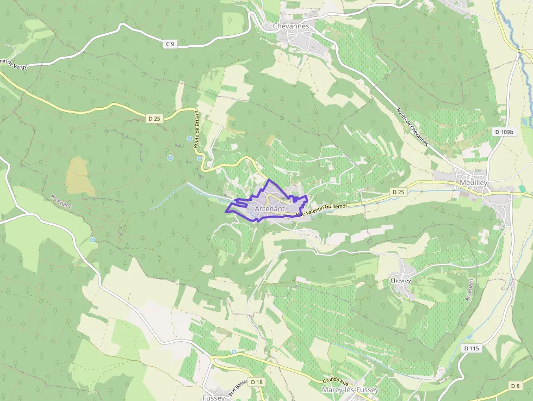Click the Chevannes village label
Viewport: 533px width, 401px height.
(291, 26)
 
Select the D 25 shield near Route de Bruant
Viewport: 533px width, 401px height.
(154, 118)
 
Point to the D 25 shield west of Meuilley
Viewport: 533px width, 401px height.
(398, 192)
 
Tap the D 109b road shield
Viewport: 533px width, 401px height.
(504, 132)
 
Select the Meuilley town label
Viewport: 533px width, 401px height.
(473, 183)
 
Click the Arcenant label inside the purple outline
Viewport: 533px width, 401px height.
(269, 208)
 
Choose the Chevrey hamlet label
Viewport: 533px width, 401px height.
(401, 281)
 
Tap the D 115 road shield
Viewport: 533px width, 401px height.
(472, 348)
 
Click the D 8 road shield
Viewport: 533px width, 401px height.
(516, 386)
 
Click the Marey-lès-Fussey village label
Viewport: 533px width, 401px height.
(350, 390)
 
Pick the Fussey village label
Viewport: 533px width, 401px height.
(213, 398)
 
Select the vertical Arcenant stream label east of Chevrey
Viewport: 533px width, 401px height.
(470, 290)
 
